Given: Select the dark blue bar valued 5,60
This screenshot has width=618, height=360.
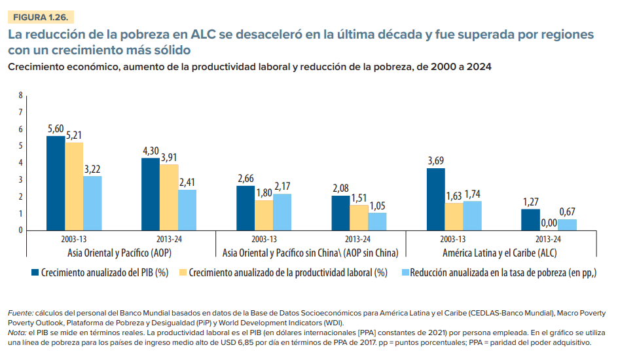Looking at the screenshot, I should tap(56, 183).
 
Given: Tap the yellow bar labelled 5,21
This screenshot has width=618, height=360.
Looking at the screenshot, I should tap(74, 186).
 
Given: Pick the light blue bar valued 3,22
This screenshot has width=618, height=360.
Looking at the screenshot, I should tap(93, 203).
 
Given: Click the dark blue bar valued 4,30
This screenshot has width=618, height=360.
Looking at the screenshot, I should tap(151, 194).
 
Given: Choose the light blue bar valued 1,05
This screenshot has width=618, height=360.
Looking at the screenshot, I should tap(377, 221).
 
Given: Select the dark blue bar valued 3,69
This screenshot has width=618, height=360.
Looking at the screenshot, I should tap(435, 199).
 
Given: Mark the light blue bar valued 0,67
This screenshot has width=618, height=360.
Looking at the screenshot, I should tap(567, 225).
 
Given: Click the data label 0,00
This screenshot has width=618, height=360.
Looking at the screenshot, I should tap(549, 223).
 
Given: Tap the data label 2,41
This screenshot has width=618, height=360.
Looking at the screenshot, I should tap(188, 181).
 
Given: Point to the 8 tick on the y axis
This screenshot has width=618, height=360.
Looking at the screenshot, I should tap(20, 95).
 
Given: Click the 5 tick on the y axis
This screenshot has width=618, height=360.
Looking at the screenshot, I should tap(20, 146).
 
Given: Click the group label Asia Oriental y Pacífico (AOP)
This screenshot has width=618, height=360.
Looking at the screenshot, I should tap(120, 252).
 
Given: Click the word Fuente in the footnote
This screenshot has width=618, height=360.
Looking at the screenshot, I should tap(18, 312).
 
